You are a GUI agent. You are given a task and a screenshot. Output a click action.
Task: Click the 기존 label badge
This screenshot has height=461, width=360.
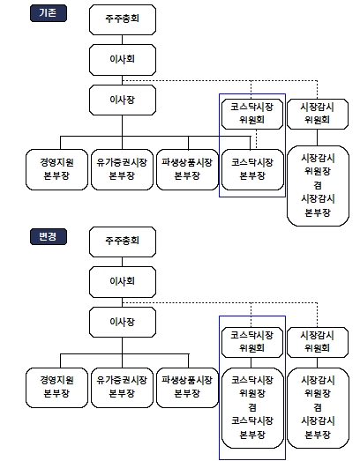(49, 13)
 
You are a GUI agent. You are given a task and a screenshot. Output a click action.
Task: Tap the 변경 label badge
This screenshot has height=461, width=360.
(49, 237)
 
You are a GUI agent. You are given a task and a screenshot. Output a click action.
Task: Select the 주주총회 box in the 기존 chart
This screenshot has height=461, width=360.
(123, 19)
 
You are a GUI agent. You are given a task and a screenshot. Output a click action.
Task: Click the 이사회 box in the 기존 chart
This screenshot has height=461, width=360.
(123, 60)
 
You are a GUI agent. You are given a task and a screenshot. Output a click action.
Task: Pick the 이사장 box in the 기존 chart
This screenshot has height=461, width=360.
(123, 100)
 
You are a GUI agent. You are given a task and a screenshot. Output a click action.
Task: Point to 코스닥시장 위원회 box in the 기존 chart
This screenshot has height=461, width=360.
(252, 114)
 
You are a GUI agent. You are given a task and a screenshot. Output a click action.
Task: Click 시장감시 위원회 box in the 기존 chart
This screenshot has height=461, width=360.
(318, 114)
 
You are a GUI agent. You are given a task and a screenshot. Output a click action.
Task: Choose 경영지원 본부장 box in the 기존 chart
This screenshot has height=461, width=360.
(56, 169)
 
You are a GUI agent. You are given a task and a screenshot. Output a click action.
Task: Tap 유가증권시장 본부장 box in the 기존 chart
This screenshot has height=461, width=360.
(122, 169)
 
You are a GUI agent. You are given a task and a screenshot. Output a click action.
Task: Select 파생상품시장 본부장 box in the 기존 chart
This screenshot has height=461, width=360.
(188, 169)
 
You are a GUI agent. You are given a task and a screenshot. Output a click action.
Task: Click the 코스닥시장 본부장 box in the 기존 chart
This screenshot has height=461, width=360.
(252, 169)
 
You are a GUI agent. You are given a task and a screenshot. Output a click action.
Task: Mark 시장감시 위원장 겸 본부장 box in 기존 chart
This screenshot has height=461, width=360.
(318, 186)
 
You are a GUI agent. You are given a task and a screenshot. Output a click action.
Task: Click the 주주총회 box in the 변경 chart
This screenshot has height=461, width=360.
(123, 242)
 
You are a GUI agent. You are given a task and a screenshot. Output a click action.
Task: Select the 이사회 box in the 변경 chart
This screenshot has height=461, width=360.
(123, 282)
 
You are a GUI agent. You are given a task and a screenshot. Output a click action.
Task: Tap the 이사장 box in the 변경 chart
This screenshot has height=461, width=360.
(123, 323)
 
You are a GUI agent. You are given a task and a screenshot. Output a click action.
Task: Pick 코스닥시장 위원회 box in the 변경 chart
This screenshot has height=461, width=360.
(252, 343)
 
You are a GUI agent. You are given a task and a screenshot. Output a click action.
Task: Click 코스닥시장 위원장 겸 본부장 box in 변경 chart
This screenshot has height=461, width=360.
(252, 408)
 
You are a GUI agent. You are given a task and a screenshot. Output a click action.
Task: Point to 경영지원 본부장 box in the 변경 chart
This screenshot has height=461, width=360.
(56, 388)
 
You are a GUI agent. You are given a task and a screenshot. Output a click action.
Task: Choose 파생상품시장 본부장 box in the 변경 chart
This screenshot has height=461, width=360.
(188, 388)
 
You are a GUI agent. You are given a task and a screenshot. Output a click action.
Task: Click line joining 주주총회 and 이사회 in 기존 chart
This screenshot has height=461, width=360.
(122, 40)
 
